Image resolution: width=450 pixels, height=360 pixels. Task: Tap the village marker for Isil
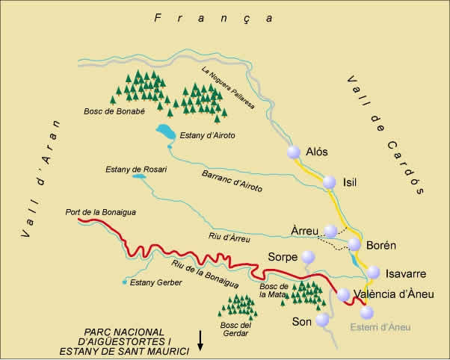329,182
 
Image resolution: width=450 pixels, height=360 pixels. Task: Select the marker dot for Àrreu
331,232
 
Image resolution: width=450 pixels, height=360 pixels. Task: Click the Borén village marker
354,245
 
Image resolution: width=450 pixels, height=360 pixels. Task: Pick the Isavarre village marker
374,273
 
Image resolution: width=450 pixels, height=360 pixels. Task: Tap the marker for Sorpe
309,257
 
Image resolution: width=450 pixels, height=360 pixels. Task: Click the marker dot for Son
322,320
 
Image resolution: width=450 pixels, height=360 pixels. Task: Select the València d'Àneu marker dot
344,294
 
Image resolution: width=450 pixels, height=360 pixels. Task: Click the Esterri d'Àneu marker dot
366,312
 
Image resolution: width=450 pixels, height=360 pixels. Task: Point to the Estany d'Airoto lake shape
165,133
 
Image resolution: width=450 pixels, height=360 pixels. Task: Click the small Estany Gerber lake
124,282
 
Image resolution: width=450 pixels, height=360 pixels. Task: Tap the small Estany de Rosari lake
111,176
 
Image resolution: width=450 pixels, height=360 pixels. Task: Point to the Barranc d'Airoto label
232,180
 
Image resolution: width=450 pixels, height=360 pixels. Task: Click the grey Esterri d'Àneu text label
381,326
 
